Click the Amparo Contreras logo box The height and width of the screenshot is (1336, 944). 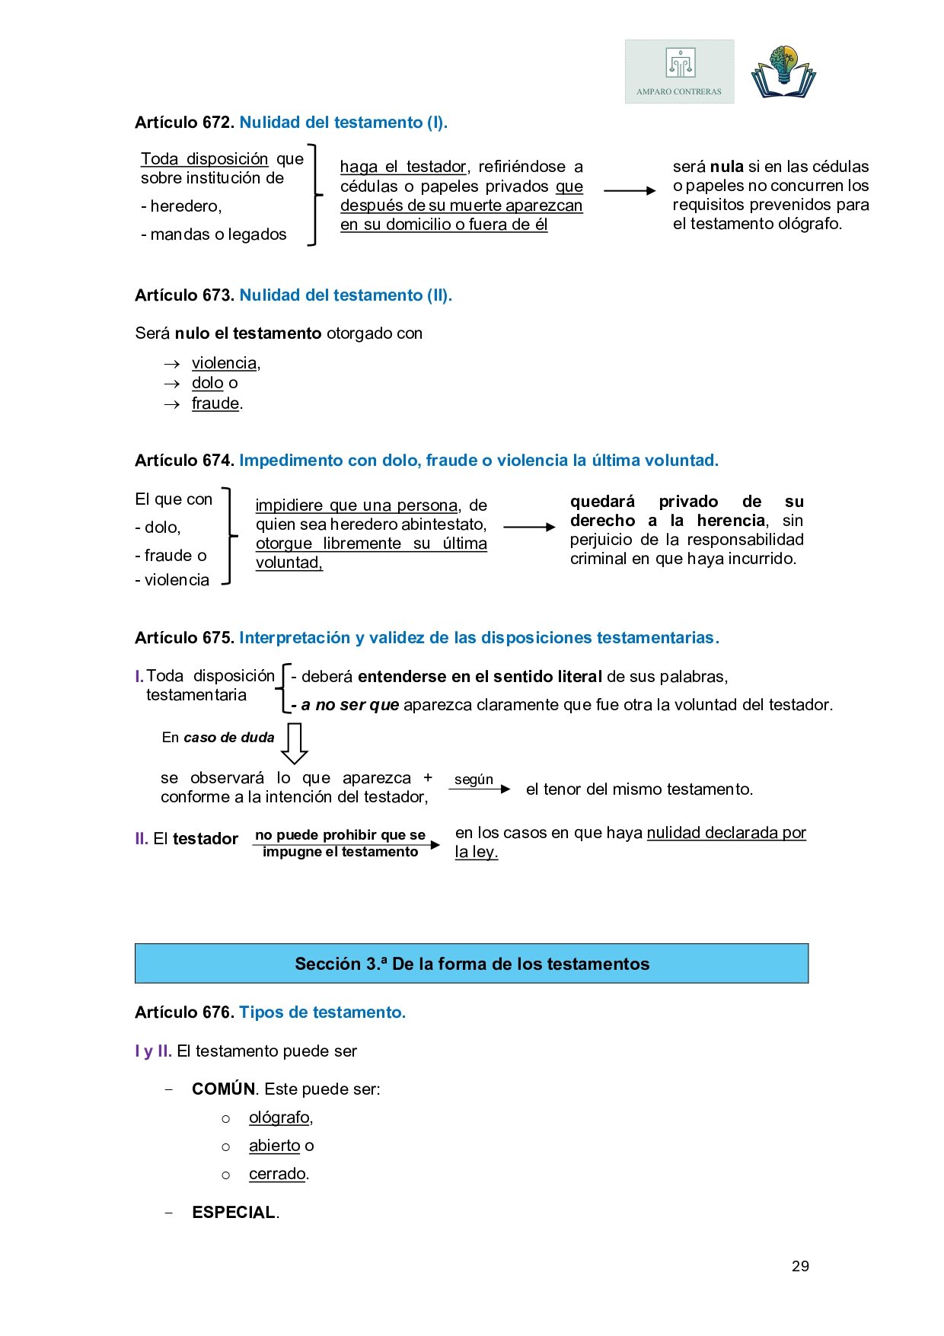click(x=679, y=72)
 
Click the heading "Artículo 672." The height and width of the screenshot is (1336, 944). click(x=184, y=123)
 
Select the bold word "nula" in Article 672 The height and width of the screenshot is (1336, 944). click(x=726, y=167)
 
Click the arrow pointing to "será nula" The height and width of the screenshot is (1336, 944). click(x=629, y=190)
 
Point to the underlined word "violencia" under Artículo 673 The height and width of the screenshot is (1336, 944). click(x=224, y=363)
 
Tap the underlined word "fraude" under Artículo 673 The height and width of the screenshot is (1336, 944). click(x=215, y=403)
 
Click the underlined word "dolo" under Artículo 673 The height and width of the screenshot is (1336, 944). click(x=207, y=383)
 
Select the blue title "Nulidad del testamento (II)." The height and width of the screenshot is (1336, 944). click(x=346, y=295)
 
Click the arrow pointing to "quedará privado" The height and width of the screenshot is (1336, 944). click(x=529, y=527)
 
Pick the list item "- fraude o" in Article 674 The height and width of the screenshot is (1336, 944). click(x=171, y=556)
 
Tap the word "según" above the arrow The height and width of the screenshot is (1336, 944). click(x=474, y=780)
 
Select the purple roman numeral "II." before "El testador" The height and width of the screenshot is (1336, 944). click(x=142, y=839)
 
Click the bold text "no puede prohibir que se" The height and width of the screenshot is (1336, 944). click(x=340, y=835)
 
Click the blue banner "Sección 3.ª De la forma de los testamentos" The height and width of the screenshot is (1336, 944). click(x=471, y=964)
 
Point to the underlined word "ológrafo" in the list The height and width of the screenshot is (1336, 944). click(x=279, y=1118)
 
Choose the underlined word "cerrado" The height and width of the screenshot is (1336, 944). click(x=277, y=1174)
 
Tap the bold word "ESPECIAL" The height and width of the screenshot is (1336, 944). click(x=234, y=1213)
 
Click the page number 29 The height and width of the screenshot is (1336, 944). click(x=800, y=1266)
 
